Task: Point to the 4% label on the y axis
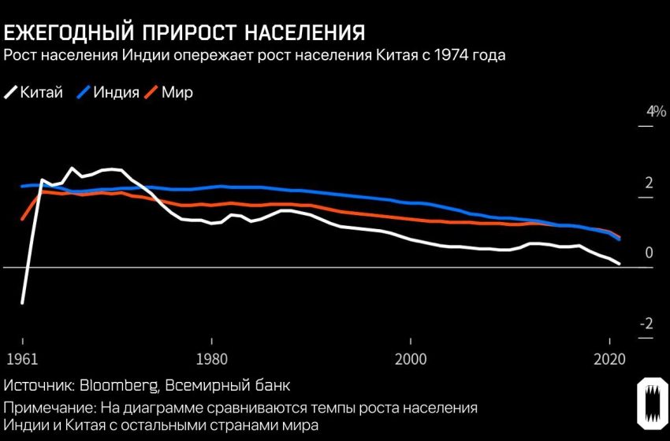click(x=656, y=112)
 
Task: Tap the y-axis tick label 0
click(x=650, y=254)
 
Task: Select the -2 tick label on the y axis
click(x=646, y=324)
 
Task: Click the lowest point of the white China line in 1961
click(x=22, y=302)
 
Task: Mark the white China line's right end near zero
click(x=619, y=263)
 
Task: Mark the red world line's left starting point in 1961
click(x=22, y=219)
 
